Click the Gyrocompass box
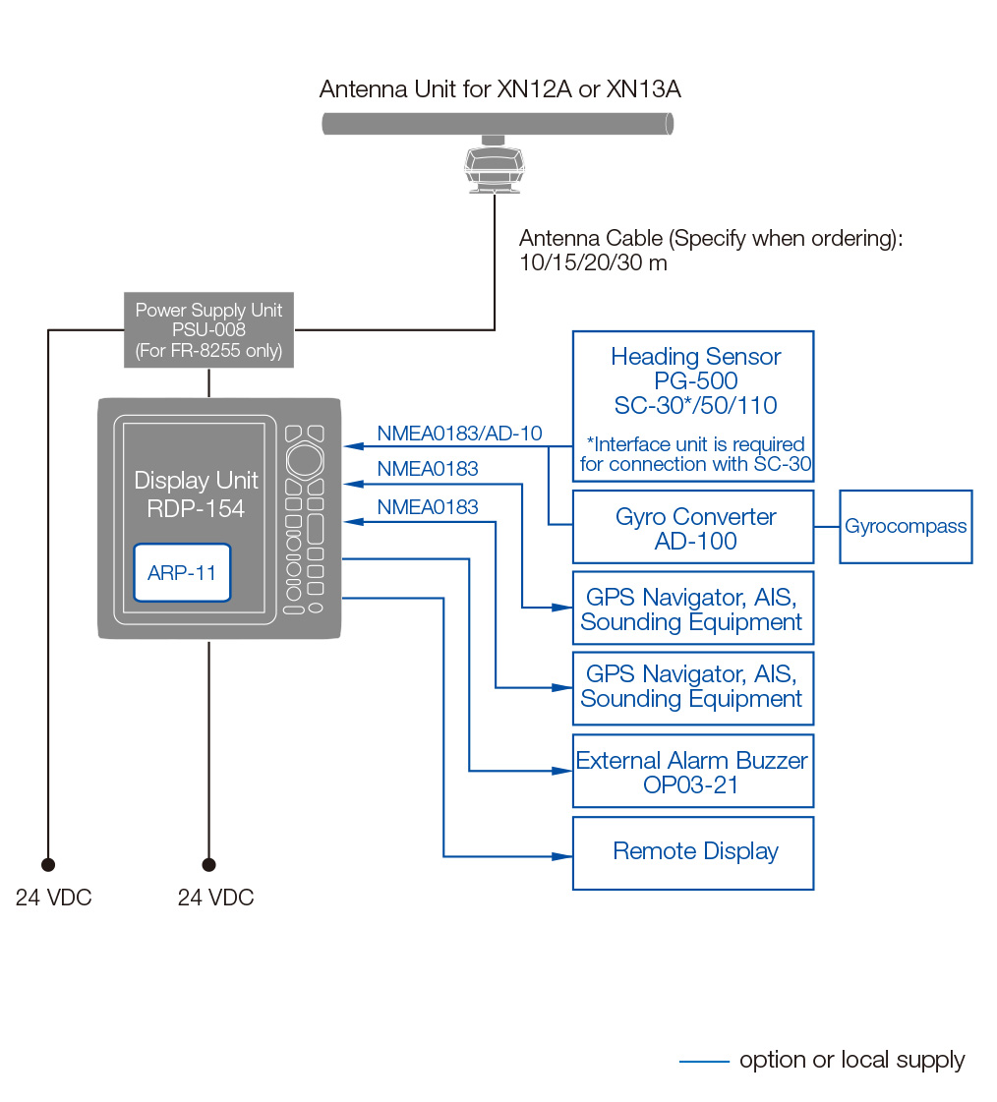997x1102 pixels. (905, 527)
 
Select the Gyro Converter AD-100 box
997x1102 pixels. (693, 528)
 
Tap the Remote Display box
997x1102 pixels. (693, 852)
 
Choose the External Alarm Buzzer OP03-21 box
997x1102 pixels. (693, 771)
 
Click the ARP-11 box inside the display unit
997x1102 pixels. (182, 572)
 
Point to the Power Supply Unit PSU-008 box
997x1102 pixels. (208, 330)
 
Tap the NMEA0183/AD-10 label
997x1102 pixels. (459, 434)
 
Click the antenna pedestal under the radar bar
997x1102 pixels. (495, 167)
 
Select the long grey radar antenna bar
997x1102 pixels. (498, 124)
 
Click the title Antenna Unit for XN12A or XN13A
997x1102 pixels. (499, 89)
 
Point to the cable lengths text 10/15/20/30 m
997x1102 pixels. (593, 263)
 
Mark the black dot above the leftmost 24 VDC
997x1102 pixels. (47, 865)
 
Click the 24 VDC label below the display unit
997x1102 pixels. (215, 898)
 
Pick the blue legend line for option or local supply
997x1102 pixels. (704, 1061)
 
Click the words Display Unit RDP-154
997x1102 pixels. (196, 493)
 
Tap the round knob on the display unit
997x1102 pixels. (303, 459)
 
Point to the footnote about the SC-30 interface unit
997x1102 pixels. (695, 454)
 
